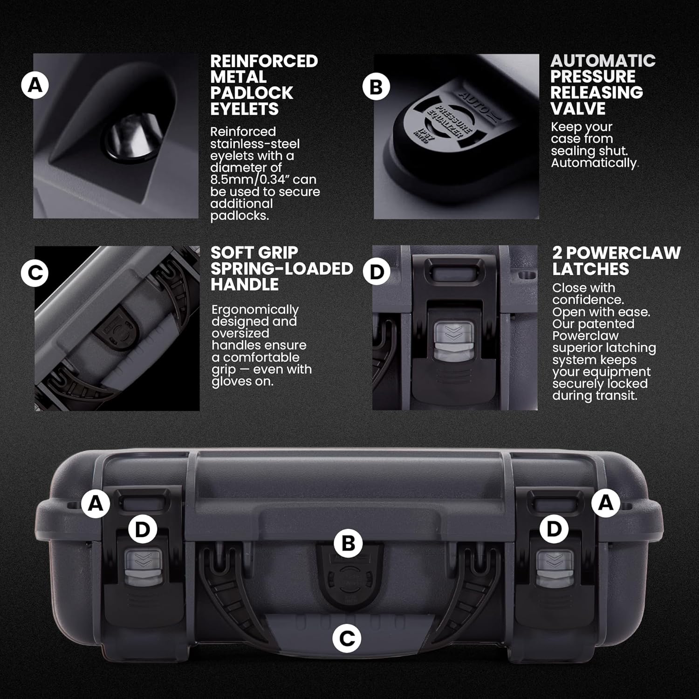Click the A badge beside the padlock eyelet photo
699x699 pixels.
coord(35,86)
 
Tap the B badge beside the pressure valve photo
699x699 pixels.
coord(376,87)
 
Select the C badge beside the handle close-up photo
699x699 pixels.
coord(35,273)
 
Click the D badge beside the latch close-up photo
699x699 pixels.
coord(377,272)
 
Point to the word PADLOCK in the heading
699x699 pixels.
coord(252,93)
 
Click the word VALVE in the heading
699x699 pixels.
coord(578,109)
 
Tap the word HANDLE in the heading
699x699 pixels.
coord(245,284)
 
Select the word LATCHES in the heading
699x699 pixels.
coord(590,269)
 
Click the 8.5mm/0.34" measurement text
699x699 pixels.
coord(263,180)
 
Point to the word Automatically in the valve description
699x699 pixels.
coord(594,163)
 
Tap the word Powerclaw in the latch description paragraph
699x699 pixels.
coord(585,336)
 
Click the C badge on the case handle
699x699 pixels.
coord(347,638)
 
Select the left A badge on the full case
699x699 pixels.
coord(96,503)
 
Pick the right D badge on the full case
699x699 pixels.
coord(554,529)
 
